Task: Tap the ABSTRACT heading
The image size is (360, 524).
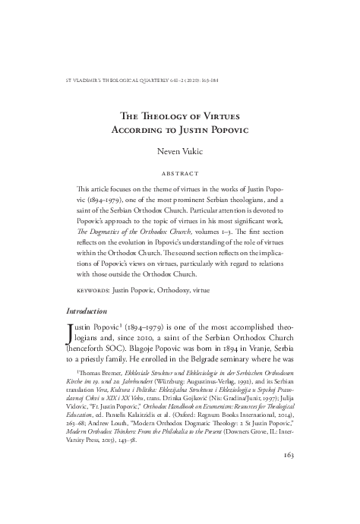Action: click(180, 173)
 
